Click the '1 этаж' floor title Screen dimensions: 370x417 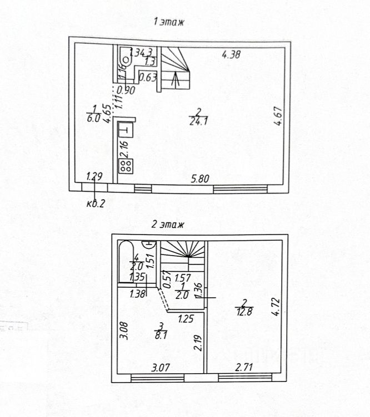point(168,22)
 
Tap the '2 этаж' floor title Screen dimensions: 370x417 point(168,225)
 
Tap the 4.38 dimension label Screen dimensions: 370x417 point(231,54)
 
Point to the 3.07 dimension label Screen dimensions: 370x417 point(160,367)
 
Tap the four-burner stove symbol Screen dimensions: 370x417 point(126,166)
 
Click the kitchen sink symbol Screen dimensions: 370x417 point(126,132)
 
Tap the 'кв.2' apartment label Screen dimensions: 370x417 point(96,203)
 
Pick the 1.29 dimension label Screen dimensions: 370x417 point(95,177)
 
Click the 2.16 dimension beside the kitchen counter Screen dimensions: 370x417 point(124,149)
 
